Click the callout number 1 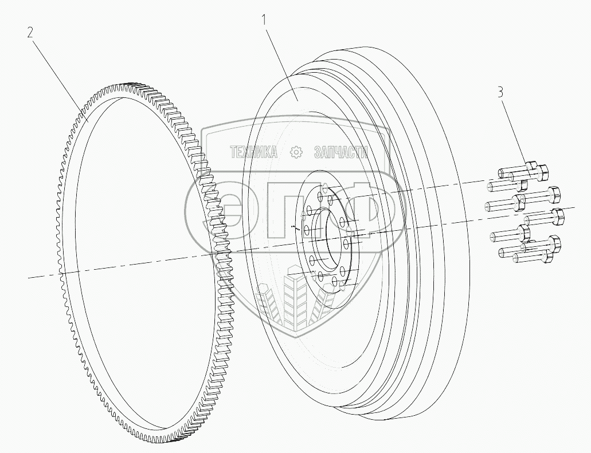coord(264,20)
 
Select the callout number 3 coord(500,92)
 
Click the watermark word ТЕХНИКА coord(254,152)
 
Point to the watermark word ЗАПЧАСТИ coord(340,152)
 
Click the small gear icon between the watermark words coord(296,152)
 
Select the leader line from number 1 coord(281,60)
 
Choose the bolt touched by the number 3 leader coord(536,168)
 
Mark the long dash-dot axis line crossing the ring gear coord(115,267)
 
